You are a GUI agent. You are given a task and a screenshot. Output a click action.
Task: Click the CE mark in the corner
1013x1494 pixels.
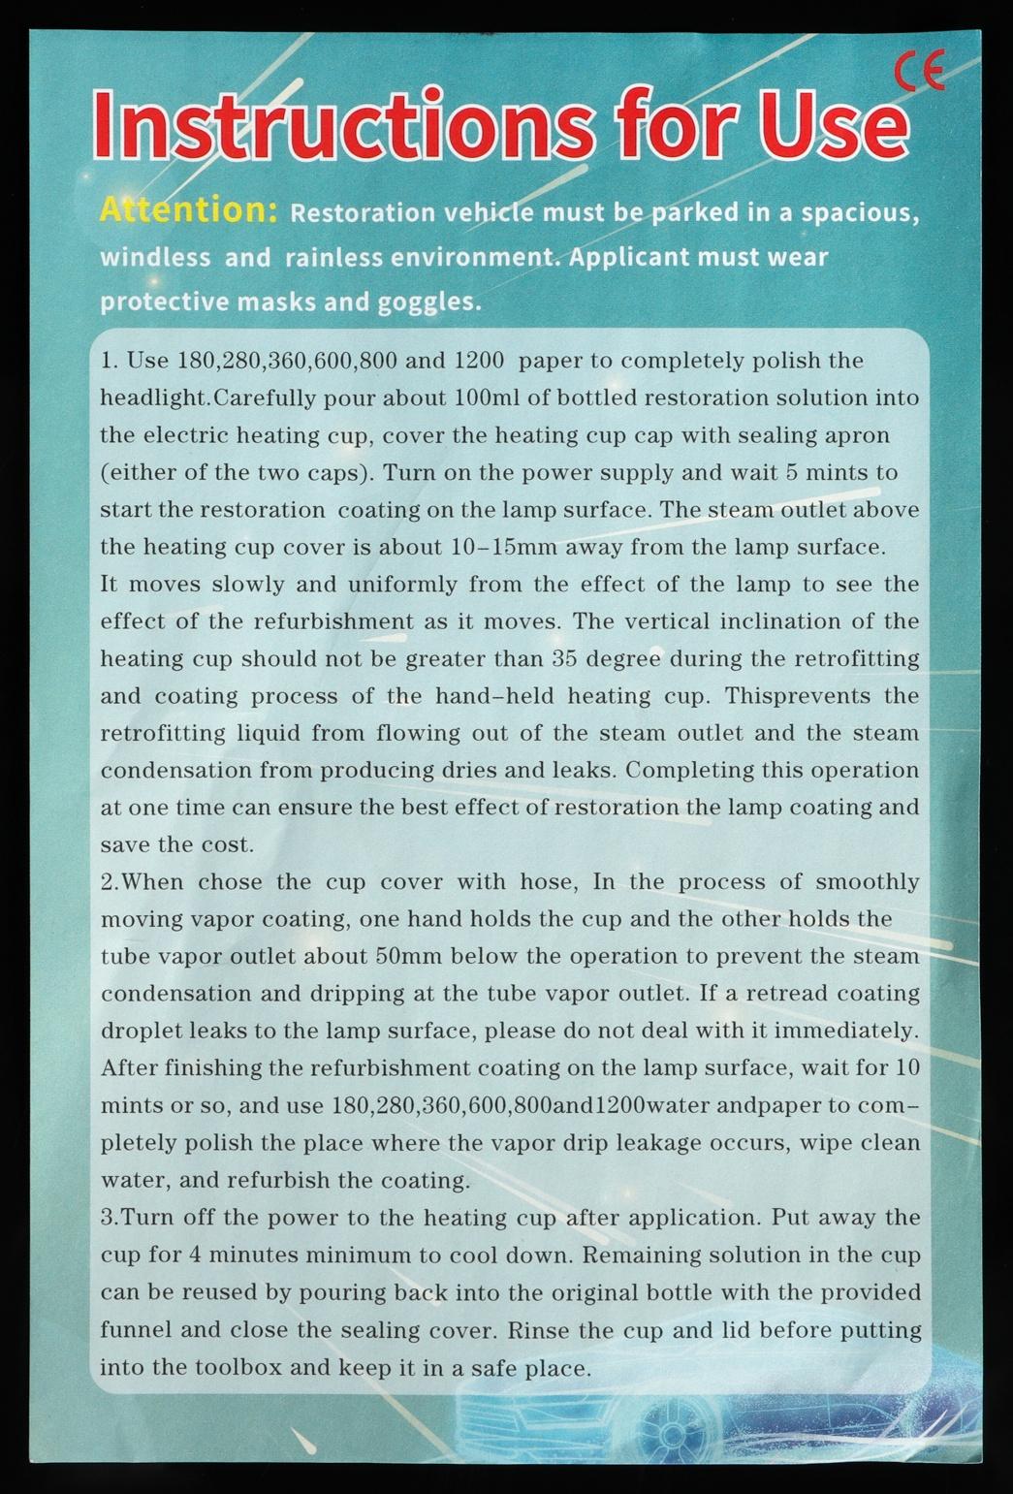[x=918, y=73]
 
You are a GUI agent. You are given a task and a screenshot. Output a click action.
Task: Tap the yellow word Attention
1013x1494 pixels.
[x=189, y=209]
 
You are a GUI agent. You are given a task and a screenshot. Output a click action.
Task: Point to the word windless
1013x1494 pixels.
[x=155, y=258]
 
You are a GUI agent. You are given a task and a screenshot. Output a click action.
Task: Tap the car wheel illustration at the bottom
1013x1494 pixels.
[x=669, y=1431]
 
